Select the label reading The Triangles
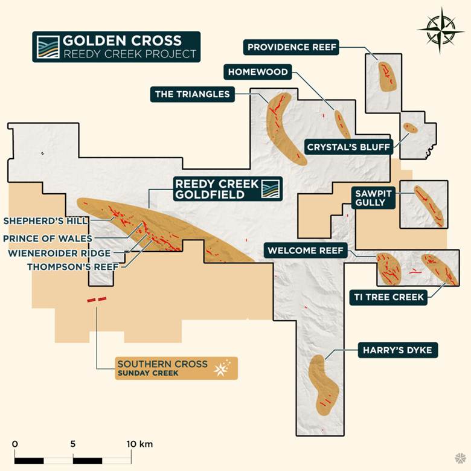193,94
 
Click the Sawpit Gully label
373,197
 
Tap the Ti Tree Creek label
388,296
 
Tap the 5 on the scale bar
72,444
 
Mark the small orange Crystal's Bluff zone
411,128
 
